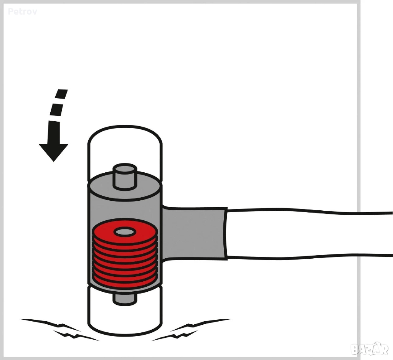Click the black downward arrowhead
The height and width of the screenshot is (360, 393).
point(54,152)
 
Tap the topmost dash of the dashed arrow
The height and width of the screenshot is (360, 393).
point(62,94)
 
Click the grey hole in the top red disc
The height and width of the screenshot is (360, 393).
point(125,232)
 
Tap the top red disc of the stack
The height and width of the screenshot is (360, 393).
point(125,232)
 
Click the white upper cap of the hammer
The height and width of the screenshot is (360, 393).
point(125,150)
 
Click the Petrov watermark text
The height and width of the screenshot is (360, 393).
point(23,12)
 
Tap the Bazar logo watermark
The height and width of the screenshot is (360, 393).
point(370,349)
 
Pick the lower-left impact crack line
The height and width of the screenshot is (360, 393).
point(75,335)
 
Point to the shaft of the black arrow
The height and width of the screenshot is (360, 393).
point(54,133)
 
